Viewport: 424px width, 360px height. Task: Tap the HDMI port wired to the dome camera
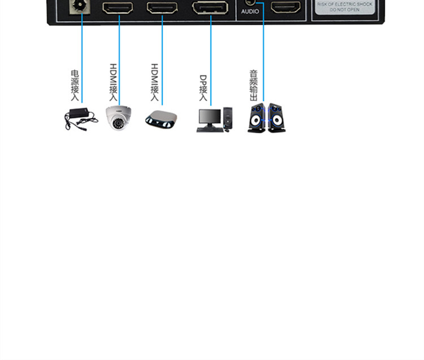pyautogui.click(x=118, y=8)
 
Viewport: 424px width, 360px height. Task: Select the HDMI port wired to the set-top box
pyautogui.click(x=162, y=8)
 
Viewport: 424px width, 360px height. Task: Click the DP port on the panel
pyautogui.click(x=210, y=8)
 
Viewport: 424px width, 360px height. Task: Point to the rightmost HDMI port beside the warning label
pyautogui.click(x=286, y=7)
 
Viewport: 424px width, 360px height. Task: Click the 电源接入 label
pyautogui.click(x=75, y=85)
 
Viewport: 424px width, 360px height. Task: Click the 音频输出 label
pyautogui.click(x=254, y=85)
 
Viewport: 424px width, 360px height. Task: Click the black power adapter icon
pyautogui.click(x=78, y=119)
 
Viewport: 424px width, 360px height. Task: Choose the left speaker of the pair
pyautogui.click(x=257, y=118)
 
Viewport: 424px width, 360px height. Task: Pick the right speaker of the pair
pyautogui.click(x=276, y=118)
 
